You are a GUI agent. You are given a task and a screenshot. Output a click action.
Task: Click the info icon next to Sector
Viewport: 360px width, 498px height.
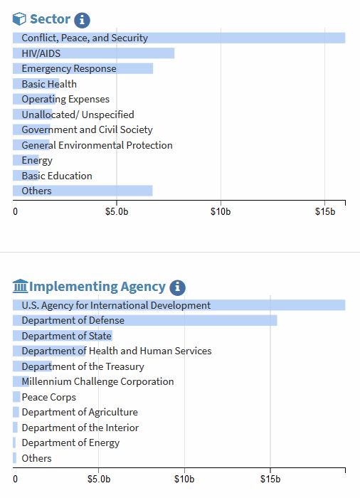coord(82,20)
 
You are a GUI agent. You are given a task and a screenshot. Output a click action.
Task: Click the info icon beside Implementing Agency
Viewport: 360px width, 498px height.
coord(177,287)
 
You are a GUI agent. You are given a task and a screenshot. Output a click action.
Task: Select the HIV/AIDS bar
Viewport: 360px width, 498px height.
coord(93,53)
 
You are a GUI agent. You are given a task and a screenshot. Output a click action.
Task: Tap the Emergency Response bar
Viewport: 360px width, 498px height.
coord(83,68)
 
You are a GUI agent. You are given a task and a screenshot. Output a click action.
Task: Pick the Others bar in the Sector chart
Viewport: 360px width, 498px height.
coord(83,191)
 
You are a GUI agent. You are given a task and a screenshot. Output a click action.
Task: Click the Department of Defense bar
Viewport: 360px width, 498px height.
coord(145,320)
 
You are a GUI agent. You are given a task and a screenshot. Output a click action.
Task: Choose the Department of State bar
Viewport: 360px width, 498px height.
coord(63,336)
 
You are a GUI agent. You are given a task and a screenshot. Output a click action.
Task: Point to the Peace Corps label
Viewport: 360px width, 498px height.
coord(49,397)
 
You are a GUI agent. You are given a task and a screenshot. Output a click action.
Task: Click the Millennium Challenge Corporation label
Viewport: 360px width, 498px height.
coord(98,381)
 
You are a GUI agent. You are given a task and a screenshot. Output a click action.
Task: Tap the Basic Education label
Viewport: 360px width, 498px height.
coord(57,176)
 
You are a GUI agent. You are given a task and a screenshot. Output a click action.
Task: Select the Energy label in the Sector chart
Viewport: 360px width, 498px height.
coord(37,160)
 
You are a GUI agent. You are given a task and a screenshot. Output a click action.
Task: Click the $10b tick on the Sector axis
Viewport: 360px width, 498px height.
coord(221,211)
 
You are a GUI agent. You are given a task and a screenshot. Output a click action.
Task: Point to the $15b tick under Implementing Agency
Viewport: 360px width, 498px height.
coord(270,479)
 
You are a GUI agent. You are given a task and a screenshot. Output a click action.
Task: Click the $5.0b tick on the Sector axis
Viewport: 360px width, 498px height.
coord(117,211)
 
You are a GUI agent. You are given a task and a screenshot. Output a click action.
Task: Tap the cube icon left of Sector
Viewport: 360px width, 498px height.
coord(19,18)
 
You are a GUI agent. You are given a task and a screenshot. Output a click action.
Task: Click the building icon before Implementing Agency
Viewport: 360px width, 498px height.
coord(21,286)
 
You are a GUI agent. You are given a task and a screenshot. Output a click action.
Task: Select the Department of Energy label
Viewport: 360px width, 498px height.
coord(70,443)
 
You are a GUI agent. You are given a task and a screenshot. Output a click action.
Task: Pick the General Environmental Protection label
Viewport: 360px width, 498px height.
coord(97,145)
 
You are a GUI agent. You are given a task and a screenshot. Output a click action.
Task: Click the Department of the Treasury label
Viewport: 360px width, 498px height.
coord(83,366)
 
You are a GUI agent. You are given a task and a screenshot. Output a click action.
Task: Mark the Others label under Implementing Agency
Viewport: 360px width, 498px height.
coord(36,458)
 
